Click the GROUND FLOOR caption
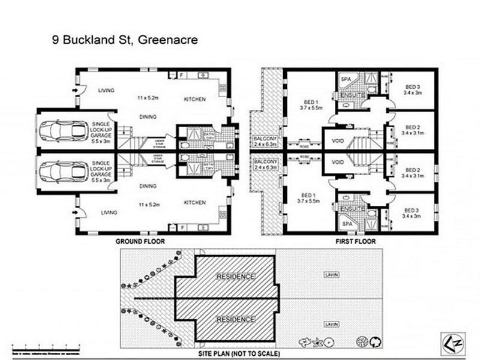click(x=140, y=241)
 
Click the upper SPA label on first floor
click(x=346, y=79)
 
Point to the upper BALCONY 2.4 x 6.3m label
click(x=264, y=141)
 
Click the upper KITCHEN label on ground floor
click(x=195, y=99)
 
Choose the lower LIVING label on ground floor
click(x=109, y=212)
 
